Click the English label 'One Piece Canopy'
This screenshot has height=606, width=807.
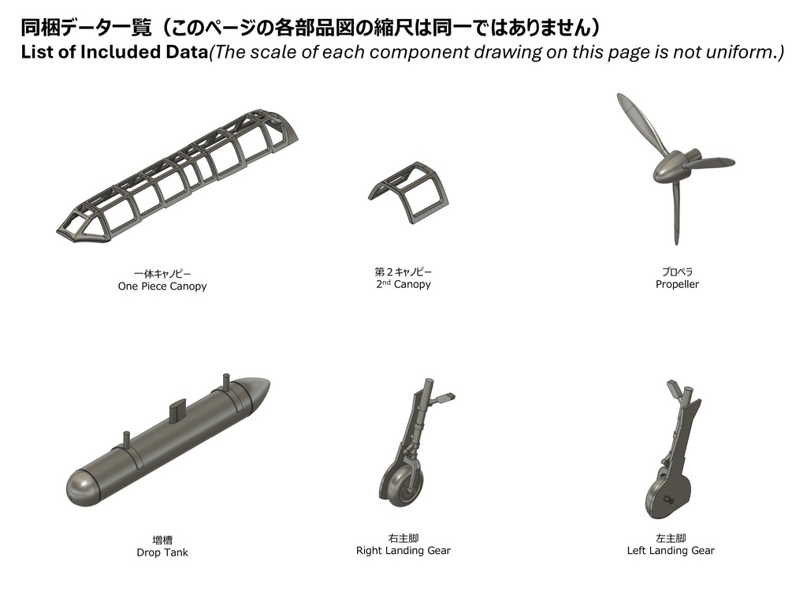point(162,286)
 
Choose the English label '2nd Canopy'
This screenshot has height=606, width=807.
point(403,284)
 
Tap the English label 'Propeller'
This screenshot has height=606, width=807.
point(677,284)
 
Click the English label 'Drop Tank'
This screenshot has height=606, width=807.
point(162,552)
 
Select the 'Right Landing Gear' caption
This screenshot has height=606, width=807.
point(403,550)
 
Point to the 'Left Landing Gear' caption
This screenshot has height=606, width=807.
point(671,550)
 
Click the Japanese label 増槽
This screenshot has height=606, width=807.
point(162,540)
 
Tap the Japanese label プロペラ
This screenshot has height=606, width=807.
point(677,271)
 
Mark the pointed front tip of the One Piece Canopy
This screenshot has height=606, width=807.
point(57,231)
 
